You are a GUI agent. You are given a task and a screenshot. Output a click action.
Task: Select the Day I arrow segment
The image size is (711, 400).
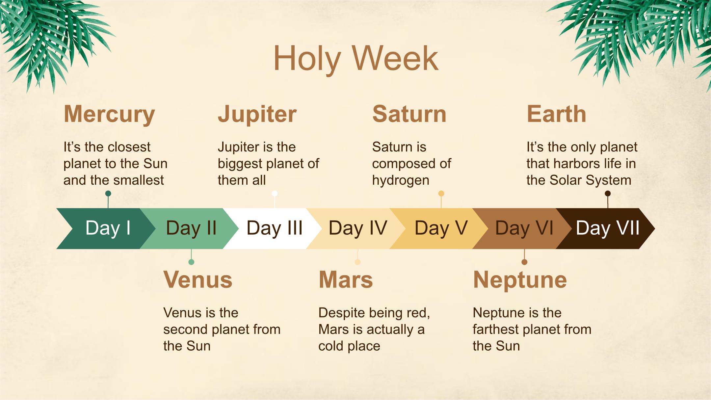click(105, 228)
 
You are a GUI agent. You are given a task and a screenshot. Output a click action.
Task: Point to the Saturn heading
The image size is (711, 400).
click(409, 114)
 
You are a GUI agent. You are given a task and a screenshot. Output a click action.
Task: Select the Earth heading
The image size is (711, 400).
click(556, 114)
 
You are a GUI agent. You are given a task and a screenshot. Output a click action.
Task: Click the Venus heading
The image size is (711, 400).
click(198, 280)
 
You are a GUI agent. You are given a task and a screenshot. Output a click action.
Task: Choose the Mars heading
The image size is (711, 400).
click(346, 280)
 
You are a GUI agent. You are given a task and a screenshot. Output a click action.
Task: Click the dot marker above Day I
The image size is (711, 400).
click(108, 193)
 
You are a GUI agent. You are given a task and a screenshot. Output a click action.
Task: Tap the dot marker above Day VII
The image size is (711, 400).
click(608, 193)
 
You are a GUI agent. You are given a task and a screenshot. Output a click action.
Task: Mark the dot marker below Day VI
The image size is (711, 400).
click(524, 262)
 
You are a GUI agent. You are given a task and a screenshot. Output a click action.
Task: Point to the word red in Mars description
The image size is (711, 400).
click(420, 313)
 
